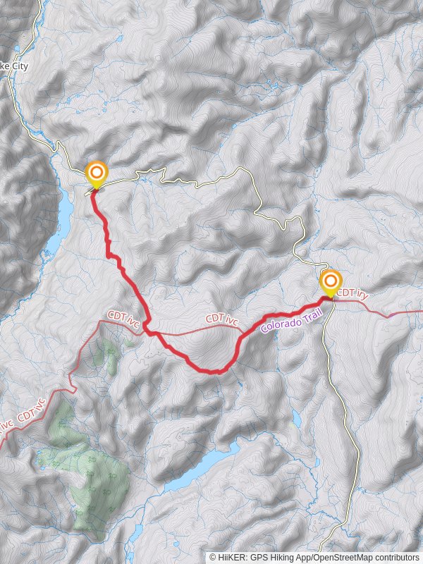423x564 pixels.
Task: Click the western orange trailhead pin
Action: coord(96,173)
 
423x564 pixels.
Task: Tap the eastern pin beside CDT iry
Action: coord(331,282)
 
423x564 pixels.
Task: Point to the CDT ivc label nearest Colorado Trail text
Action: coord(222,319)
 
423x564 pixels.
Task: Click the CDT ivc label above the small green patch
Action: coord(124,319)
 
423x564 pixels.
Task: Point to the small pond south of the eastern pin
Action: coord(297,419)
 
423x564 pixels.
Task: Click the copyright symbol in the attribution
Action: coord(212,557)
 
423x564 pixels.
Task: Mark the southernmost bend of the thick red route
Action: coord(215,371)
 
